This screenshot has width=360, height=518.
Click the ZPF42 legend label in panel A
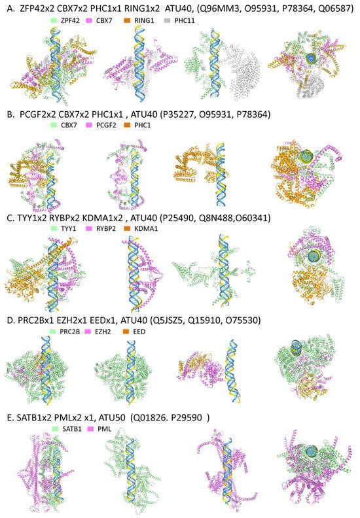point(70,20)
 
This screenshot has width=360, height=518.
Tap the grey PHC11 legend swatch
point(168,20)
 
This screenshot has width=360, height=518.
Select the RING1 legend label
point(144,20)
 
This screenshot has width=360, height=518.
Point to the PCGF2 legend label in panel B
point(106,125)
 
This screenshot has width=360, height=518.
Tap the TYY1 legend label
point(69,228)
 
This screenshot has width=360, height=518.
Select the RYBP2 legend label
point(106,228)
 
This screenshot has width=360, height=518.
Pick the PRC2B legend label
point(70,332)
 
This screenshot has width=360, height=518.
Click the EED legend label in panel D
point(139,332)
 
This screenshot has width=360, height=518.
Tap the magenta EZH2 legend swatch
point(88,332)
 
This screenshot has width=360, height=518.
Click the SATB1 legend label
point(72,429)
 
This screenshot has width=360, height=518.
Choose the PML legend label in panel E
point(104,429)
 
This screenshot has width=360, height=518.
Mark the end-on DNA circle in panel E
point(312,451)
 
